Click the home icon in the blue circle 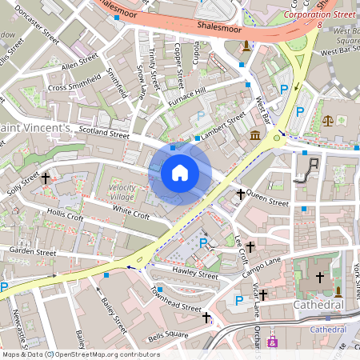tap(180, 173)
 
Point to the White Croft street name tap(130, 213)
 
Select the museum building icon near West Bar tap(255, 134)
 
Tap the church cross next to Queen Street tap(240, 194)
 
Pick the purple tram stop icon tap(273, 342)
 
